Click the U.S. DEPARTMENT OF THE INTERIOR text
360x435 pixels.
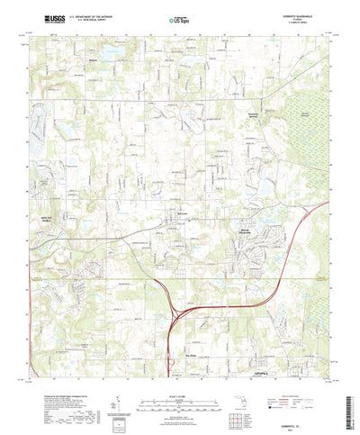coord(89,14)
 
